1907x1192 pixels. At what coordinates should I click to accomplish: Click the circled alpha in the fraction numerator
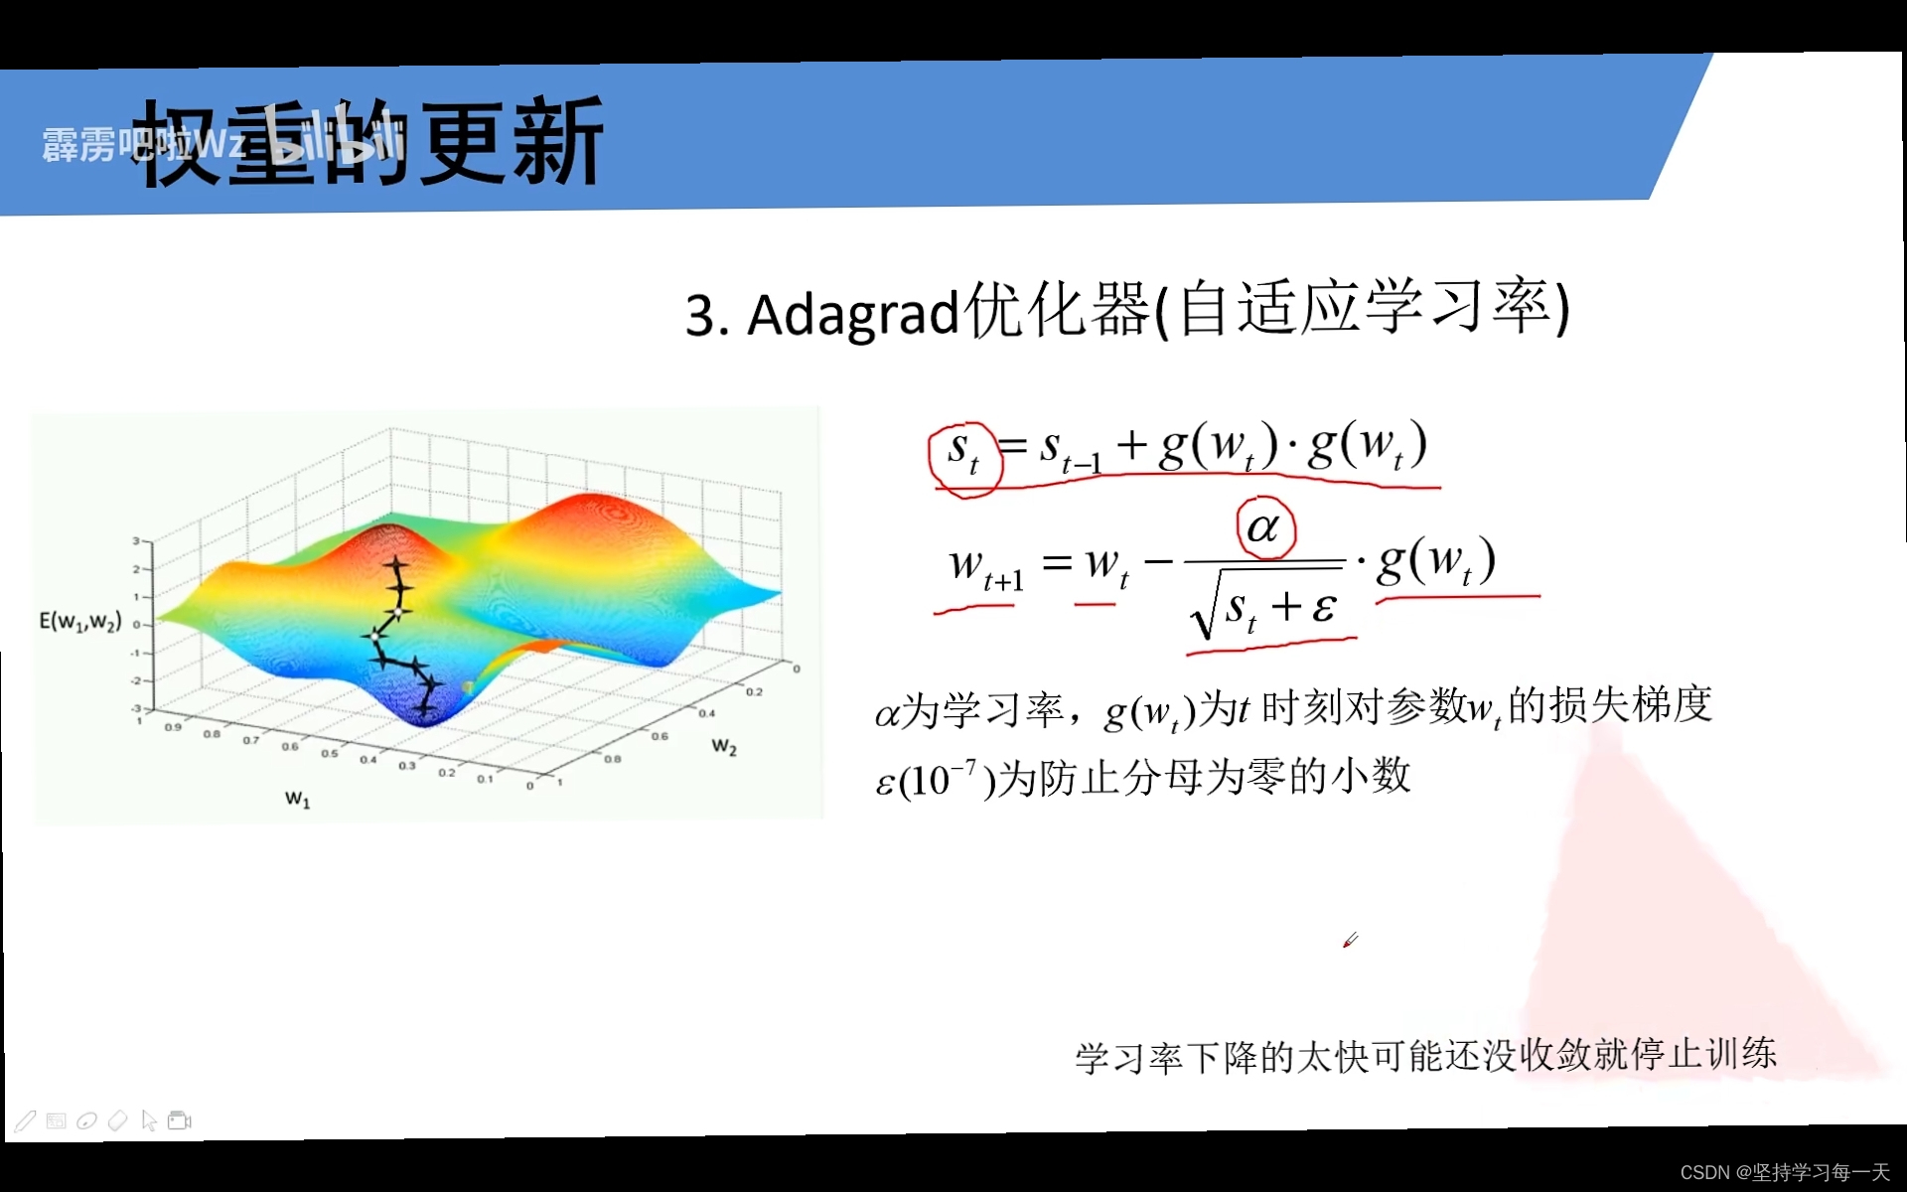click(x=1264, y=527)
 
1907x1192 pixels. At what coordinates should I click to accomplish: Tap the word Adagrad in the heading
click(x=852, y=314)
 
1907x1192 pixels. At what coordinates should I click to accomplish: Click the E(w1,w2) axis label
click(x=80, y=622)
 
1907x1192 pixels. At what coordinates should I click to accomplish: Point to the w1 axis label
click(x=297, y=798)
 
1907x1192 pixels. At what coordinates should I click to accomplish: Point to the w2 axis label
click(x=724, y=746)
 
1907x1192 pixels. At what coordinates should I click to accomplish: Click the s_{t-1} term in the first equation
click(x=1070, y=450)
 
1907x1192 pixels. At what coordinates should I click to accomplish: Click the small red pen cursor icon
click(x=1350, y=940)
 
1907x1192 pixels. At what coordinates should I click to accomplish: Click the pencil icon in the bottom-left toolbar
click(x=26, y=1121)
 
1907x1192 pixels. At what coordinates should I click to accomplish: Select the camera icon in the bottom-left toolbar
click(x=180, y=1120)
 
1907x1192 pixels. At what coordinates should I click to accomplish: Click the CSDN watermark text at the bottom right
click(x=1784, y=1172)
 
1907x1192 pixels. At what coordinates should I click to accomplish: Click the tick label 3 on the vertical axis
click(x=136, y=540)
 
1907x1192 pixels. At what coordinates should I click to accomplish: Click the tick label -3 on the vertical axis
click(x=136, y=708)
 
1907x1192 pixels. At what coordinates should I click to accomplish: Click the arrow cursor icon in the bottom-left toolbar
click(x=149, y=1120)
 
